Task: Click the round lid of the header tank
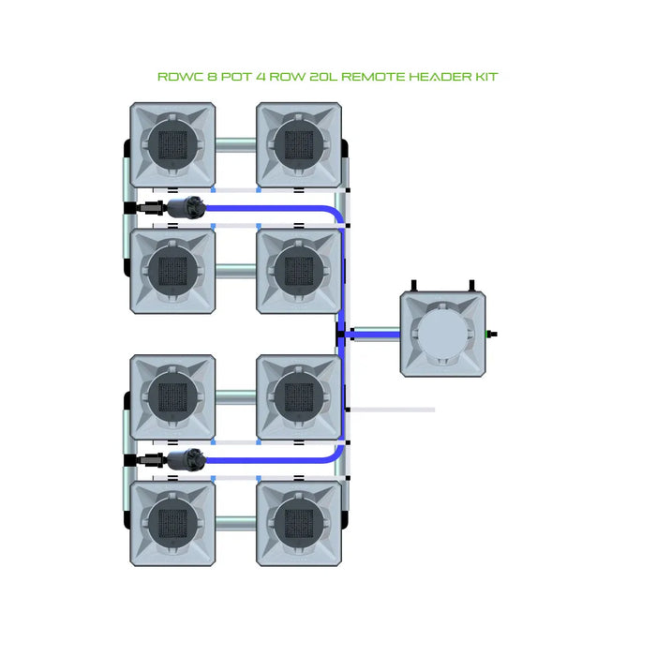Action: (443, 335)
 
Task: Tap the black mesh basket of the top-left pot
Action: (171, 144)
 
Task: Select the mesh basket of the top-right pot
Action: (298, 144)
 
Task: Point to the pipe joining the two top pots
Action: (234, 145)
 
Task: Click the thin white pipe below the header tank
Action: (394, 410)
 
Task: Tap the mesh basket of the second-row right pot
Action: (298, 271)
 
